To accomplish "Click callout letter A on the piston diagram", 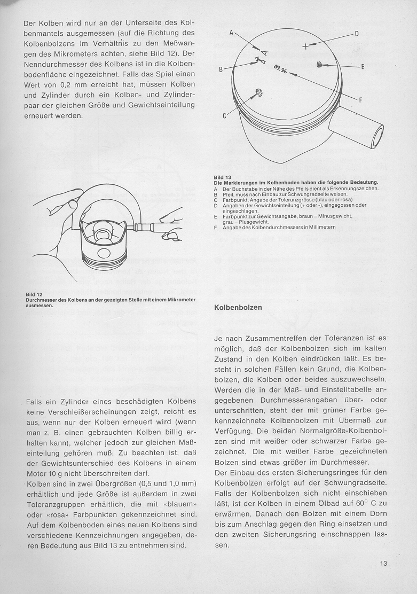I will click(x=232, y=33).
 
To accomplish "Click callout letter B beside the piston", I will click(x=220, y=69).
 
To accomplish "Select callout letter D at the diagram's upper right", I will click(x=357, y=34).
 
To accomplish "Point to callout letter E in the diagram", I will click(x=363, y=67).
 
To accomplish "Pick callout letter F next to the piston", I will click(x=361, y=100).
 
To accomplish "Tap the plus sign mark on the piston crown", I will click(x=305, y=46).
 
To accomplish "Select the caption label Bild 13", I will click(x=223, y=177).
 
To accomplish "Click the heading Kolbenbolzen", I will click(x=238, y=308).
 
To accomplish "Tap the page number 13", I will click(x=383, y=563).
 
